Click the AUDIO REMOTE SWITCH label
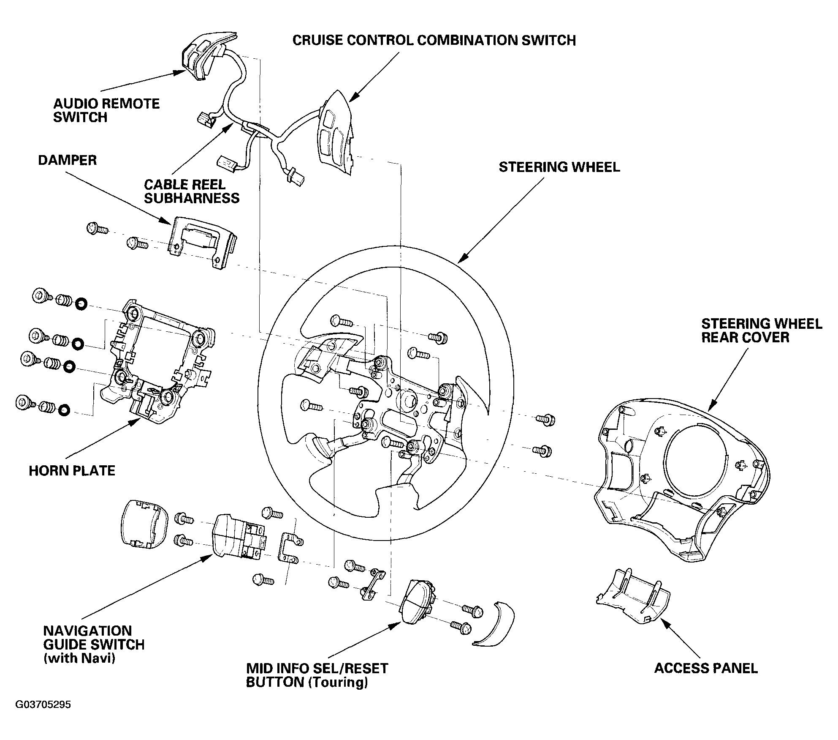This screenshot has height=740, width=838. pos(106,110)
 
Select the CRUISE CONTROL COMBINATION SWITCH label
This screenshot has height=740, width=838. pos(434,41)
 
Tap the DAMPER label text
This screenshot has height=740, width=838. pos(68,160)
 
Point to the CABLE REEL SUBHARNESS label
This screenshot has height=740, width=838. pos(192,191)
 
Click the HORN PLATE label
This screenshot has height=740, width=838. pos(72,470)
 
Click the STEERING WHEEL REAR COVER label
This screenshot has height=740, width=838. pos(762,330)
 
